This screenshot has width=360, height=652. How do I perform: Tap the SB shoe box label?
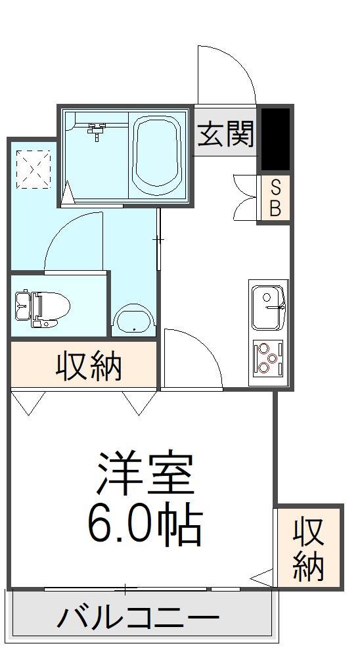click(275, 198)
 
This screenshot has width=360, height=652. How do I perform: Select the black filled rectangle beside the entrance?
click(275, 139)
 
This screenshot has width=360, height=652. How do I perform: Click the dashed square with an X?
click(34, 169)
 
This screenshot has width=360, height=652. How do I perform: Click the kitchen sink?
click(268, 308)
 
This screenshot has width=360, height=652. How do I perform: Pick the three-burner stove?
click(268, 357)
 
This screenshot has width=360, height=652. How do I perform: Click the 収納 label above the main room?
click(89, 365)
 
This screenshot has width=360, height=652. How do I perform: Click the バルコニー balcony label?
click(138, 617)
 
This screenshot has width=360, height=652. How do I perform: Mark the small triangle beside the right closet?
click(263, 577)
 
